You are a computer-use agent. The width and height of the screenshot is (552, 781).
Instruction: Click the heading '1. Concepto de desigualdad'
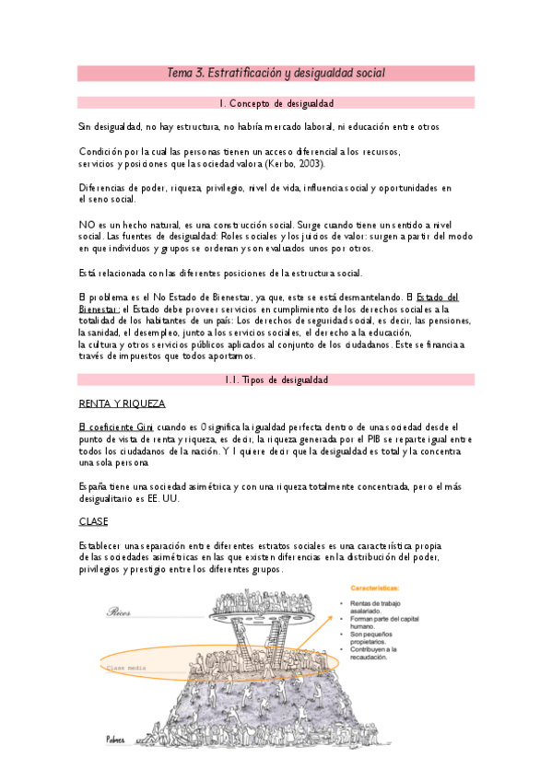tap(276, 103)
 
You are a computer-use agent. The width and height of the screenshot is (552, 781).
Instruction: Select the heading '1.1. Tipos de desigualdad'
tap(276, 379)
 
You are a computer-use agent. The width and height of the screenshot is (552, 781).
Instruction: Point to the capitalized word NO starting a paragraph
tap(86, 224)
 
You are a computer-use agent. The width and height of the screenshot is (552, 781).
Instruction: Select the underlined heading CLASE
tap(94, 521)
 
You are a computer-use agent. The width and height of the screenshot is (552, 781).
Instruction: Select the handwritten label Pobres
tap(115, 739)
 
